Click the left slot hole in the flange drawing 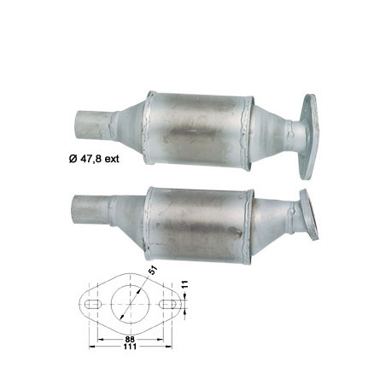coord(92,303)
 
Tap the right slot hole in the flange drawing coord(167,303)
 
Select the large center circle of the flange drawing coord(130,303)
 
